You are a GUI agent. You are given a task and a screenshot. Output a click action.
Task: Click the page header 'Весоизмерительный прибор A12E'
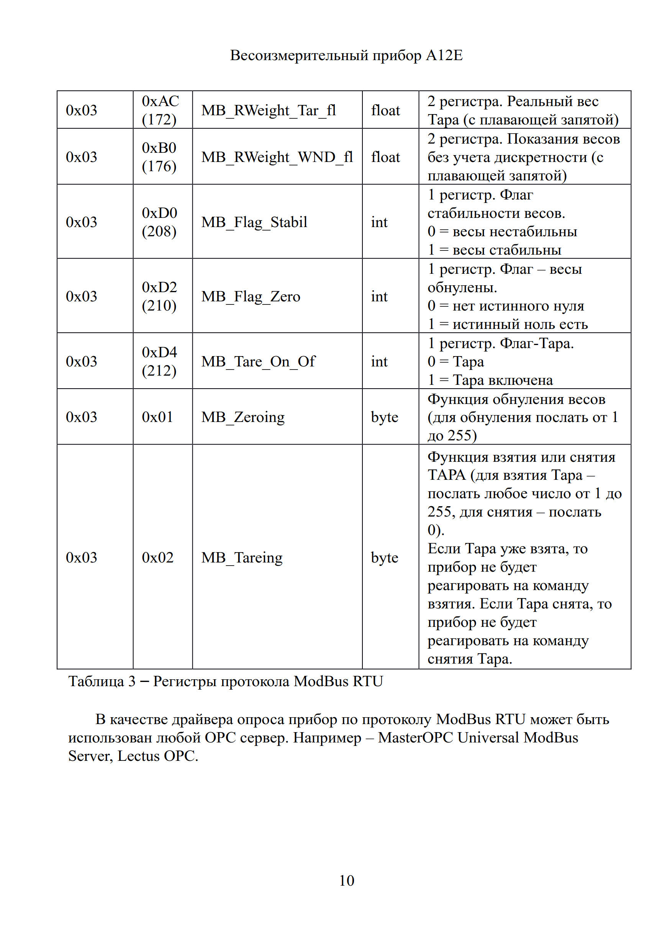(x=346, y=56)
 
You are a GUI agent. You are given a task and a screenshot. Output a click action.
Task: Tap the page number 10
(x=346, y=880)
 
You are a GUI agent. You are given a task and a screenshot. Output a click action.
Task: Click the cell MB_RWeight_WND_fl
(x=277, y=157)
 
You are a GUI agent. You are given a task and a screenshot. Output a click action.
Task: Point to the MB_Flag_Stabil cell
(x=254, y=222)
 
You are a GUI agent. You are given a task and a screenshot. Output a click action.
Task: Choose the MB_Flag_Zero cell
(x=251, y=297)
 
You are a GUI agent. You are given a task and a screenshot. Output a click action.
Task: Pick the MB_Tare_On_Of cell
(x=258, y=361)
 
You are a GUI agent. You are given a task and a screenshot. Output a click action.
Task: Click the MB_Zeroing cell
(x=243, y=417)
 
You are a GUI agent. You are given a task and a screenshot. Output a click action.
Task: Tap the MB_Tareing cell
(x=242, y=558)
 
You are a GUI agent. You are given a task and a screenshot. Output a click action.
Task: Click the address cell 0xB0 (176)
(x=159, y=157)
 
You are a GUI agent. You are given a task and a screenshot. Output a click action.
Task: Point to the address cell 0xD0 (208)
(x=159, y=222)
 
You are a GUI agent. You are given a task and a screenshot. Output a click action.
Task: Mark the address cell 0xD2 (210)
(x=159, y=297)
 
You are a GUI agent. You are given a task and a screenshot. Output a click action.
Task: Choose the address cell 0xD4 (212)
(x=159, y=361)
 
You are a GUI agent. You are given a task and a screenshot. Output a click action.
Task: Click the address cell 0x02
(x=158, y=558)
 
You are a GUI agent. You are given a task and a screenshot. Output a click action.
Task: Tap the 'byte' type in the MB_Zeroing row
(x=385, y=417)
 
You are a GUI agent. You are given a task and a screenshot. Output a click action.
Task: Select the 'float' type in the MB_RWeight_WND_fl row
(x=385, y=157)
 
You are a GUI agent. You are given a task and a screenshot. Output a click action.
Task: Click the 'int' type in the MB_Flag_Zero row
(x=379, y=297)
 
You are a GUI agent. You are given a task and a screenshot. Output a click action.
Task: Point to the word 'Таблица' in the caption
(x=96, y=681)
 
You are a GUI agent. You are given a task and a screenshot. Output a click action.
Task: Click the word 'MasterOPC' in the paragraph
(x=415, y=738)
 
